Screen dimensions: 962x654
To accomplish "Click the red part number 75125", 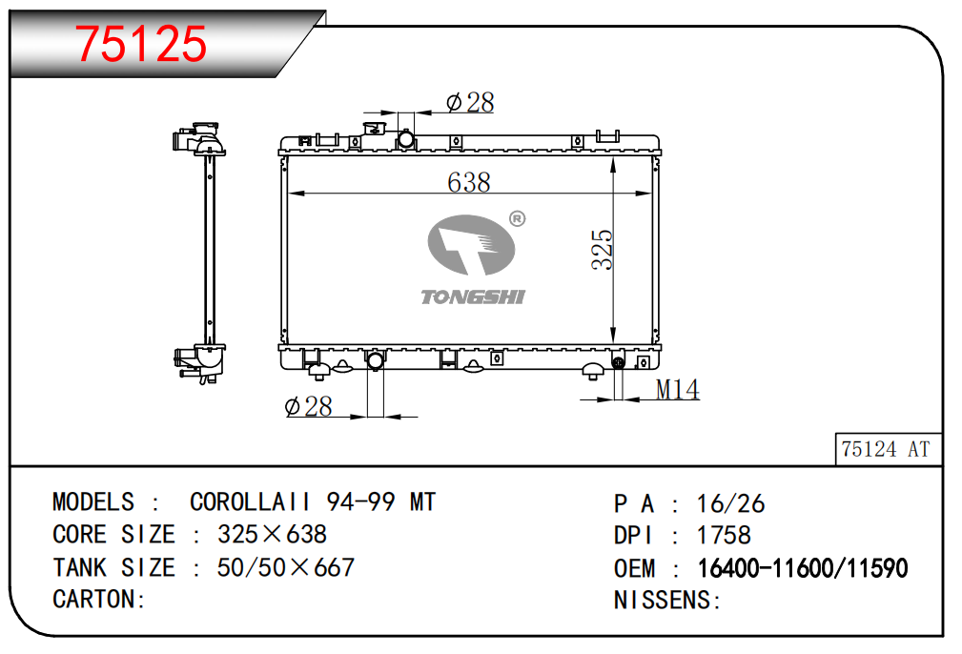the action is [140, 44].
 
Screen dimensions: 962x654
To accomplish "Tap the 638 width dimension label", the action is [469, 182].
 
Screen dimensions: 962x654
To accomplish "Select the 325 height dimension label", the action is [602, 250].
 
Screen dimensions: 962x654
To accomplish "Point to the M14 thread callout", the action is [677, 389].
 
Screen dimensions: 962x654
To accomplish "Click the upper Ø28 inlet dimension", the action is [470, 102].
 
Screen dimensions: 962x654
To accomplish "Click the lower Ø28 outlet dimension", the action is [308, 406].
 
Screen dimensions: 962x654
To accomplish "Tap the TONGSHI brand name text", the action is [472, 296].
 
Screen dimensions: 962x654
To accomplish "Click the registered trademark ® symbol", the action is [517, 218].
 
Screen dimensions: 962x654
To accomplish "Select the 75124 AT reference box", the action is [888, 449].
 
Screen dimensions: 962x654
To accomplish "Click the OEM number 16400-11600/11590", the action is [803, 568].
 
